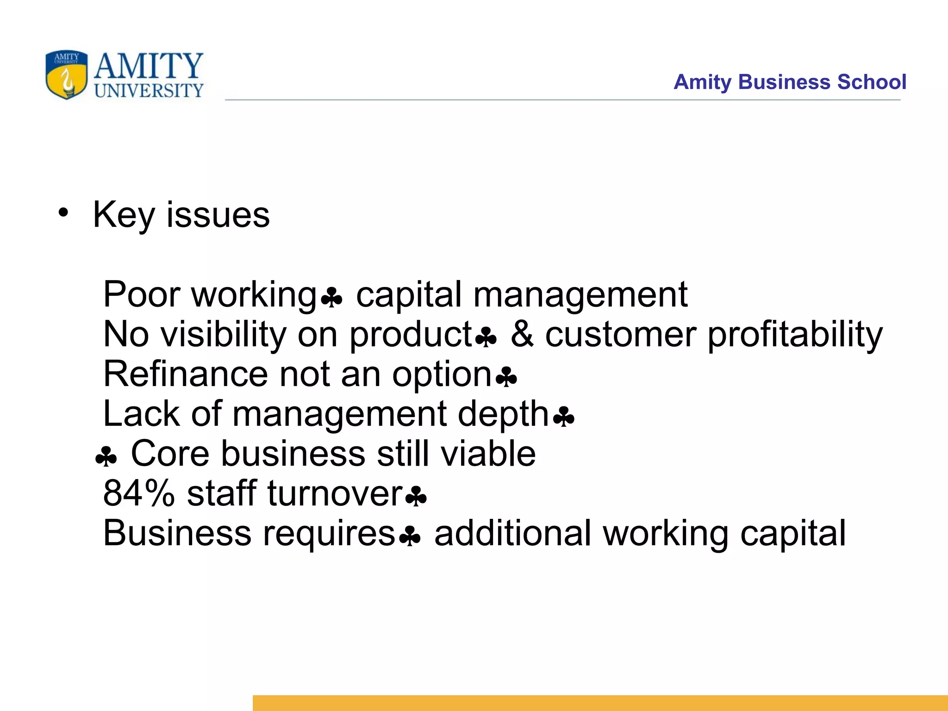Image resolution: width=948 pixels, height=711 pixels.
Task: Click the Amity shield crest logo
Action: [x=66, y=75]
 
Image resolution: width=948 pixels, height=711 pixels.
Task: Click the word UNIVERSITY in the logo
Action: [x=149, y=90]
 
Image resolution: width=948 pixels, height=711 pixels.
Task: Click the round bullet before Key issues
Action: [x=63, y=213]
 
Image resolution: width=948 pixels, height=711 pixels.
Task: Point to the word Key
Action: [x=124, y=215]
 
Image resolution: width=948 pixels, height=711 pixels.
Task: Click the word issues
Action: [x=218, y=215]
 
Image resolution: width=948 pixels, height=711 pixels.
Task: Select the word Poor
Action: [x=142, y=294]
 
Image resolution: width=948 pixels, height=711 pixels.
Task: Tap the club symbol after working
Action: [x=331, y=297]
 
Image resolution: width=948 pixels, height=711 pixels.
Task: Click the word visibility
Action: [x=223, y=334]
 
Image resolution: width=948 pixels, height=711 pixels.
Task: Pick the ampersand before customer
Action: [x=522, y=334]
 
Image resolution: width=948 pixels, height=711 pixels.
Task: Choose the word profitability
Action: [x=795, y=334]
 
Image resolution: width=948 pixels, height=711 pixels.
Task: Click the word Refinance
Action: [x=185, y=374]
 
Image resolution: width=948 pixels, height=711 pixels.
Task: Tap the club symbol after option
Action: [x=506, y=377]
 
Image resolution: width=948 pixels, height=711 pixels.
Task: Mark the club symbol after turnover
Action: [x=416, y=497]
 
